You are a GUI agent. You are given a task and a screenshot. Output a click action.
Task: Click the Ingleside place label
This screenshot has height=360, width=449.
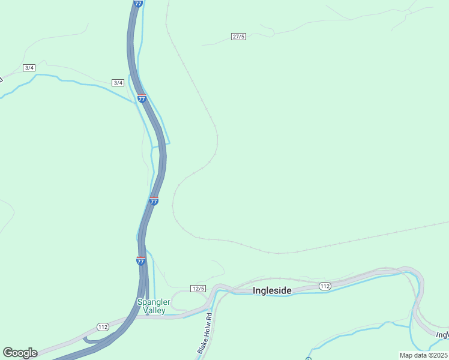click(x=272, y=290)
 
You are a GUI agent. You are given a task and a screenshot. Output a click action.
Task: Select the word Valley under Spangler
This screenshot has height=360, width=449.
click(x=154, y=310)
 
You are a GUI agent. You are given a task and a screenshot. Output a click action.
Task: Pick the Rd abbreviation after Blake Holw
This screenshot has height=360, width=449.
click(x=208, y=316)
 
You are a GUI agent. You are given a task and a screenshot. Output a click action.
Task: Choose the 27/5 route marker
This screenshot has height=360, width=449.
click(x=238, y=37)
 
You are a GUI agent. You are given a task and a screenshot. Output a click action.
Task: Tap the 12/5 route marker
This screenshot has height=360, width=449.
click(x=198, y=289)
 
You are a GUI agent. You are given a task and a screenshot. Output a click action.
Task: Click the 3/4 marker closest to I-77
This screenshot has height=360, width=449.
click(x=118, y=82)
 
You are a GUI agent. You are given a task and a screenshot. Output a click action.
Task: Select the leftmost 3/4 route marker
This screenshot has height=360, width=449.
click(x=29, y=68)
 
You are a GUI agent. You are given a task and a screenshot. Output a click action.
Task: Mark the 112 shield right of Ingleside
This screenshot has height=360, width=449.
click(x=325, y=286)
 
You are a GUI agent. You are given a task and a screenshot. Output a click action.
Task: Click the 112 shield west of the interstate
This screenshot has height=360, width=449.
click(x=103, y=327)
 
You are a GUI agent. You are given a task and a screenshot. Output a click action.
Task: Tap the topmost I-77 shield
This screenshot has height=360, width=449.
click(x=139, y=4)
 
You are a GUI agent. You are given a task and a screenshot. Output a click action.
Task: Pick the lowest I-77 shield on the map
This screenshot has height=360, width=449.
click(x=140, y=261)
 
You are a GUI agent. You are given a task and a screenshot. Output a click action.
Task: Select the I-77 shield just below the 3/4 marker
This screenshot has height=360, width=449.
click(x=142, y=98)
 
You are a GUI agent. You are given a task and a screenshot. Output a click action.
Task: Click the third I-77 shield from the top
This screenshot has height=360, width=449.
click(x=154, y=201)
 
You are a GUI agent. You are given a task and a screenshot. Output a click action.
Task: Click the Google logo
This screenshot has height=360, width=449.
click(x=20, y=353)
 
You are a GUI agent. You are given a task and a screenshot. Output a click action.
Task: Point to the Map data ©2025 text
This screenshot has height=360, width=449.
click(x=423, y=355)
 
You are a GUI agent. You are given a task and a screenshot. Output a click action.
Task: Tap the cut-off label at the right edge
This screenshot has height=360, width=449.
click(x=442, y=334)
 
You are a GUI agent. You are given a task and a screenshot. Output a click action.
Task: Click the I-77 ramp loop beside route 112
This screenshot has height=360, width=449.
click(x=90, y=340)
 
